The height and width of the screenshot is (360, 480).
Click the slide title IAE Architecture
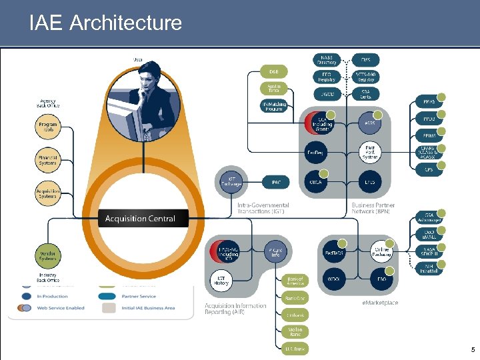(105, 23)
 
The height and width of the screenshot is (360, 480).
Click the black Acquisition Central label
(140, 219)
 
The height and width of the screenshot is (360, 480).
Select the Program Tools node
(48, 127)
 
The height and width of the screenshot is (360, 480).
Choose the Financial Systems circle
(48, 161)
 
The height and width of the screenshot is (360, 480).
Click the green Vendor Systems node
(48, 254)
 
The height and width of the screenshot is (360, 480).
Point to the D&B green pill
(274, 72)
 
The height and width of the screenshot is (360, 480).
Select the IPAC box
(275, 181)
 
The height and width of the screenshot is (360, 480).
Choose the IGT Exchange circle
(231, 180)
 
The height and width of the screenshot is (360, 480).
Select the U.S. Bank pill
(295, 348)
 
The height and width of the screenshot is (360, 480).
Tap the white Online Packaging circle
(381, 251)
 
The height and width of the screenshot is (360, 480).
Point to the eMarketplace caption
(380, 303)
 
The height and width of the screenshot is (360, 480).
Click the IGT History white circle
(221, 280)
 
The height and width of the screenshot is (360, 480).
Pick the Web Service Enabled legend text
(61, 307)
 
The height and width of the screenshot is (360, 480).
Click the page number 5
(473, 350)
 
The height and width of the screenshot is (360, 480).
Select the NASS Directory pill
(327, 60)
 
